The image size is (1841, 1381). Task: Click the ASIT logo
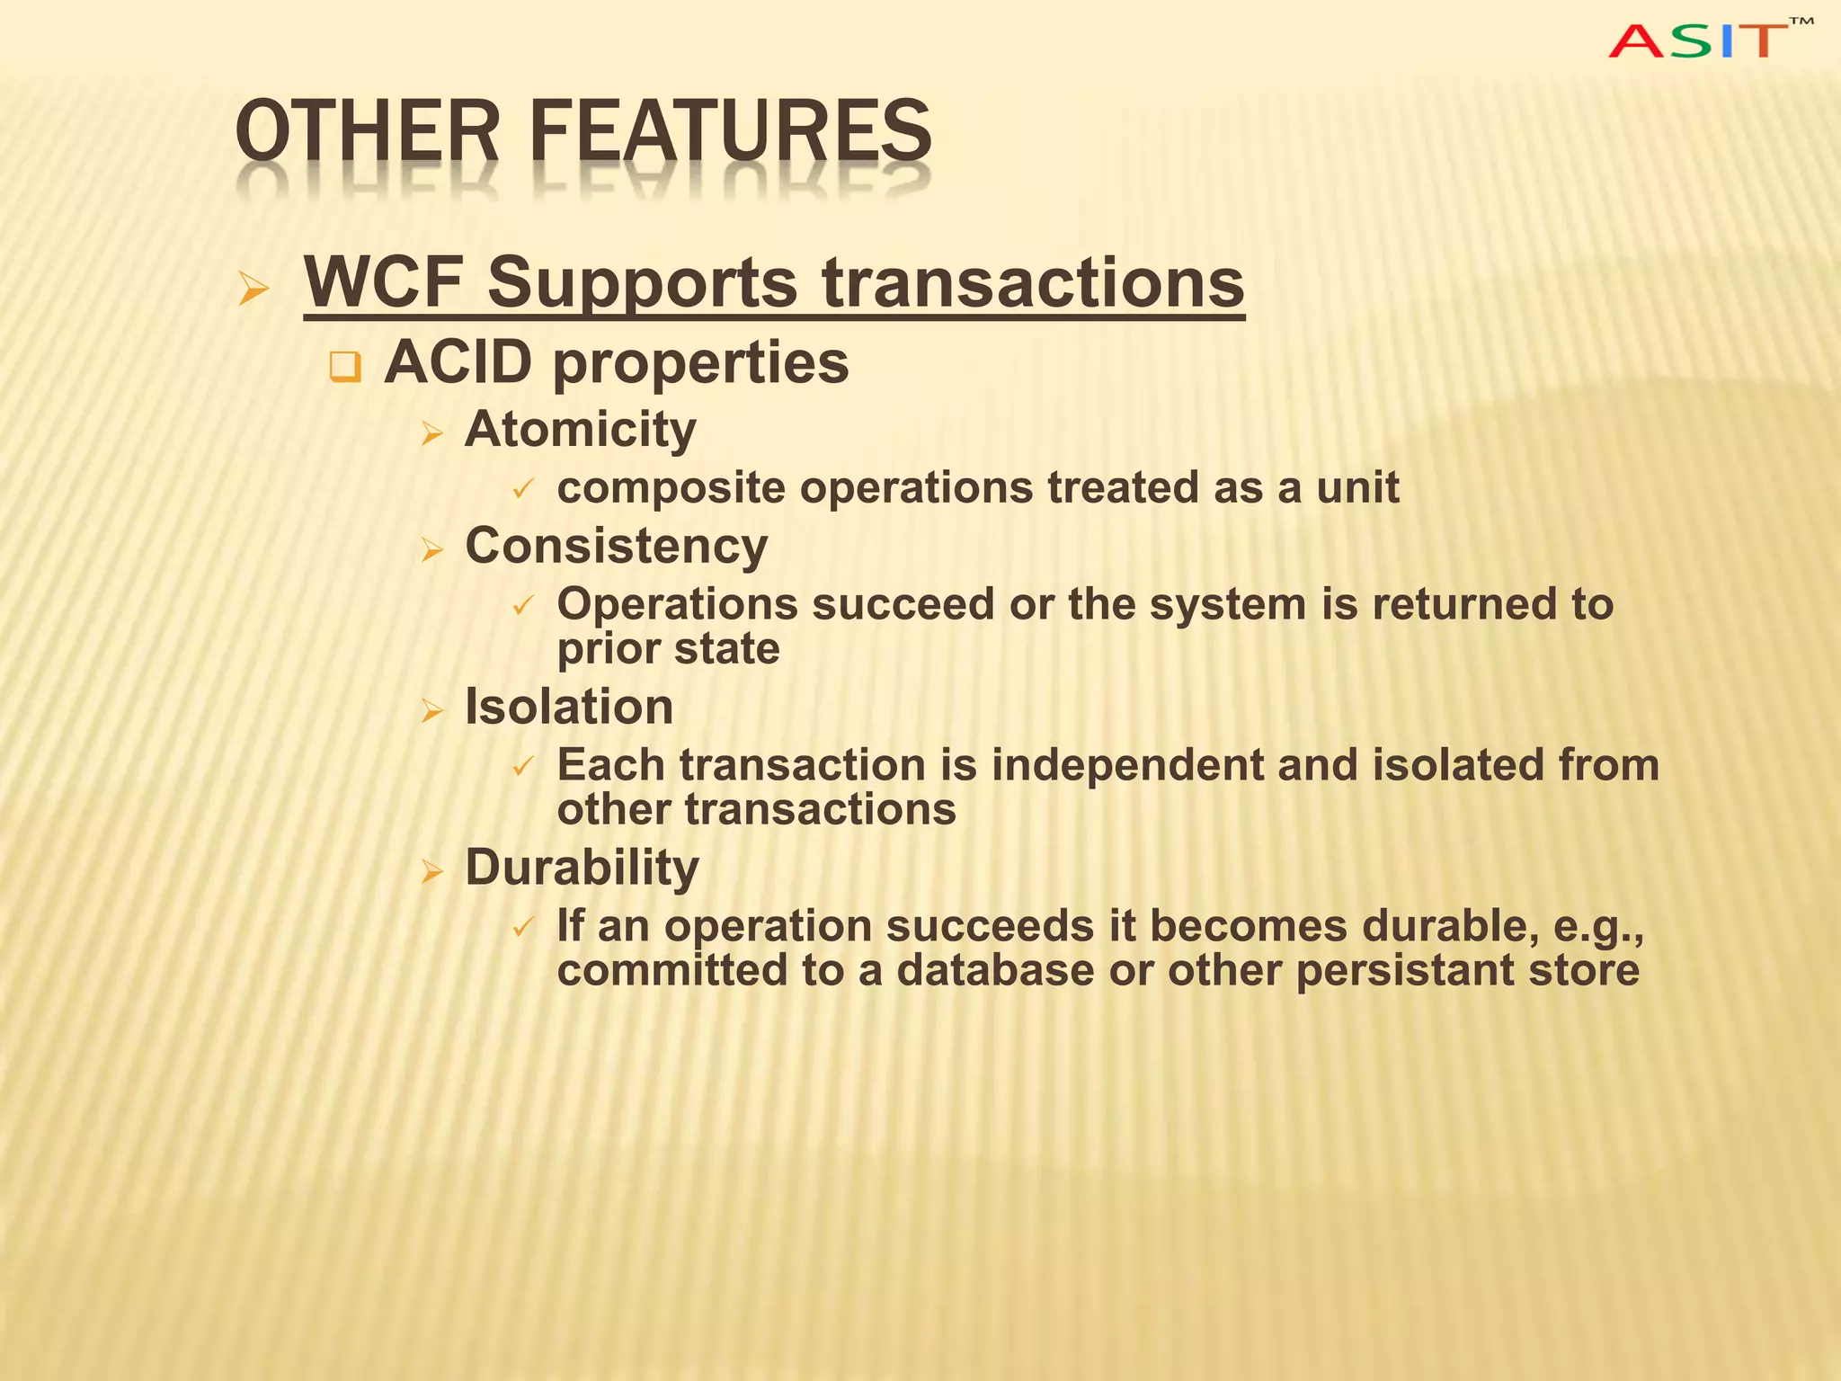coord(1707,40)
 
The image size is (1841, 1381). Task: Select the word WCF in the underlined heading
coord(383,282)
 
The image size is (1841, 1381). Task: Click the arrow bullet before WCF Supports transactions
coord(254,289)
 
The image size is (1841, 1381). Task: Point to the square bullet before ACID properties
coord(345,367)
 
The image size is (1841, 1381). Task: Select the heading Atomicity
coord(580,429)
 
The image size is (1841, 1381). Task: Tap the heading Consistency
coord(616,546)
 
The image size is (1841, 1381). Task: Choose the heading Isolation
coord(568,707)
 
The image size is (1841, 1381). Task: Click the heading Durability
coord(582,868)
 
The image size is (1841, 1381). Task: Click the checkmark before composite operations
coord(523,490)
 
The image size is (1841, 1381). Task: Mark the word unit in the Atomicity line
coord(1357,488)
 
